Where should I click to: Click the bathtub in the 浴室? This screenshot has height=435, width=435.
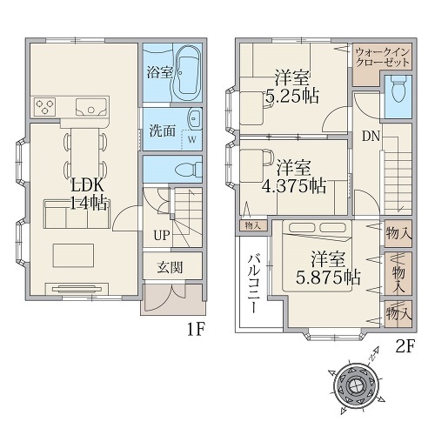click(x=188, y=73)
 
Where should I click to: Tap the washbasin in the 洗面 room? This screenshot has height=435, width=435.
click(x=195, y=118)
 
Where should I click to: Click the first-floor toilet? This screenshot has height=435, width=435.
click(x=190, y=169)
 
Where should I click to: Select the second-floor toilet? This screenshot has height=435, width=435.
click(x=398, y=88)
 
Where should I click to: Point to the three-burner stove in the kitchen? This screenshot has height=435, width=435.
click(x=44, y=107)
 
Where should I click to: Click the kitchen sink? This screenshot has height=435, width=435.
click(x=91, y=107)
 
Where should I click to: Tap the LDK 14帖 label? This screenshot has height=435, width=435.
click(x=89, y=194)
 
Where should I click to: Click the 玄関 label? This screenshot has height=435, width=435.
click(x=170, y=267)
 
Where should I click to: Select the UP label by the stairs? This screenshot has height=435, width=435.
click(x=162, y=235)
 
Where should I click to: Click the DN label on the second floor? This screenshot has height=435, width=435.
click(x=371, y=136)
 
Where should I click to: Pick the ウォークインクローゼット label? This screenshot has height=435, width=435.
click(x=382, y=57)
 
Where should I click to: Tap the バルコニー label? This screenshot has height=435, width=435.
click(x=254, y=284)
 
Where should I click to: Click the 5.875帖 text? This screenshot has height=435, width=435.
click(x=328, y=278)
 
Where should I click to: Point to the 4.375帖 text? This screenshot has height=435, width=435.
click(x=294, y=186)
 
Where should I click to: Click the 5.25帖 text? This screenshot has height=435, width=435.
click(x=292, y=96)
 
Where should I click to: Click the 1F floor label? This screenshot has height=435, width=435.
click(x=197, y=330)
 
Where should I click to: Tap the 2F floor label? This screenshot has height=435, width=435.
click(x=405, y=347)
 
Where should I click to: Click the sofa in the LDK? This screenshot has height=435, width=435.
click(x=77, y=214)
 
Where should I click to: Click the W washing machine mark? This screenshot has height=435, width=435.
click(x=192, y=139)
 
